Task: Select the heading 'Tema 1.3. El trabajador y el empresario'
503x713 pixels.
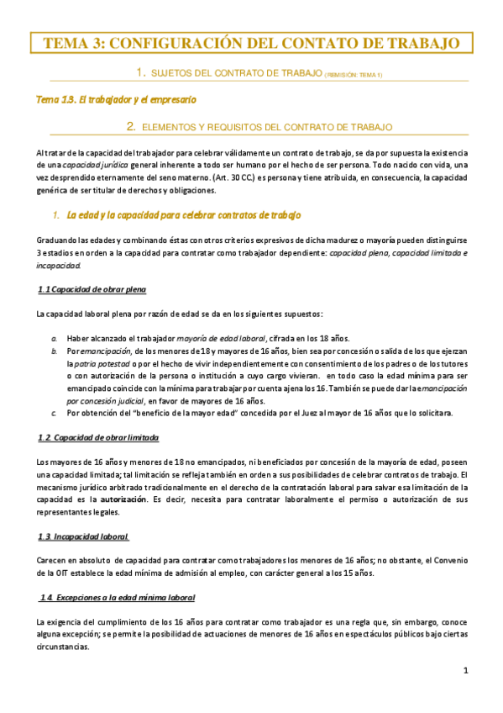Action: pos(116,99)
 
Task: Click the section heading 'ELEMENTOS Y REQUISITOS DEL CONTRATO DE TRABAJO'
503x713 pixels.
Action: pos(267,127)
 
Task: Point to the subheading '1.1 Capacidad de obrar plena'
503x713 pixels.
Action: pos(92,290)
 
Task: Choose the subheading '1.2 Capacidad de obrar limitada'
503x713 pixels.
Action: pos(98,438)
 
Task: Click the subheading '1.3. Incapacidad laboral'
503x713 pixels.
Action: pos(83,536)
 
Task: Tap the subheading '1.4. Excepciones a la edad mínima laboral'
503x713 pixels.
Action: pos(117,597)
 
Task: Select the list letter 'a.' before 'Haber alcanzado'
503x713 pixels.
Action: pos(55,337)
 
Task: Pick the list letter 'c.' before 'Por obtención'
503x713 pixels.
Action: pos(54,413)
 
